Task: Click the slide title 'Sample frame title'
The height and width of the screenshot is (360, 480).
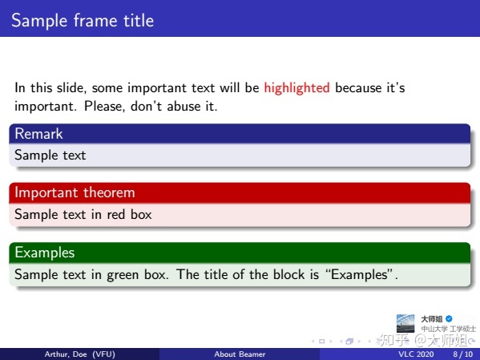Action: [82, 20]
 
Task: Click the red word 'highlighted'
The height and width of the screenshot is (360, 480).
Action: [296, 87]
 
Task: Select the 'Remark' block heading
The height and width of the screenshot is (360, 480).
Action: [38, 134]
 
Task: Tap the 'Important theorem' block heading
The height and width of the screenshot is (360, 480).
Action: [75, 192]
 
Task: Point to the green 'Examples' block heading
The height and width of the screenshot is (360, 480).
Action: [45, 253]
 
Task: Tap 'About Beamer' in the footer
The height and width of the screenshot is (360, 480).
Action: [240, 354]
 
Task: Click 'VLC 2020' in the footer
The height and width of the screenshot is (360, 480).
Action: [416, 354]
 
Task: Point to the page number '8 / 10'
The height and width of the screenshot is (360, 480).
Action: [462, 354]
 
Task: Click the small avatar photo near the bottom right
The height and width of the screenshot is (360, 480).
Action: [406, 322]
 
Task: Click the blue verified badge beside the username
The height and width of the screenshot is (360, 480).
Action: [450, 318]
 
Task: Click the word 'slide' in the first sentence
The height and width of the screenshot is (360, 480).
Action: [74, 87]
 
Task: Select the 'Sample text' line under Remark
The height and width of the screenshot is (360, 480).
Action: [50, 155]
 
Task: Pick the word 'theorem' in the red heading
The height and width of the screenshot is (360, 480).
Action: [109, 192]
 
